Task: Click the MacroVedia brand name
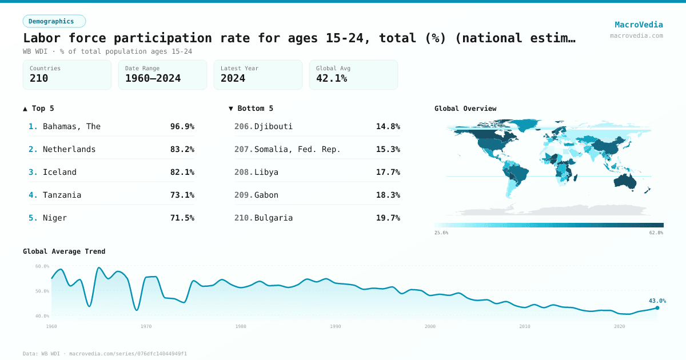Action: [639, 25]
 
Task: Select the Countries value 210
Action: [39, 79]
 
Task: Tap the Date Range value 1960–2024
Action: [153, 79]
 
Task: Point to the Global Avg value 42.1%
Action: [332, 79]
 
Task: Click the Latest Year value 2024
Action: [233, 79]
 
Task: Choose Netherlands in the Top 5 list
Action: [69, 149]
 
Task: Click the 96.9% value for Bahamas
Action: [182, 126]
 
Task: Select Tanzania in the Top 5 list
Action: [62, 195]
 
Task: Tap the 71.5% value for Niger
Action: [182, 218]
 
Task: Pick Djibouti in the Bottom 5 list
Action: [273, 126]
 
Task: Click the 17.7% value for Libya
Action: [388, 172]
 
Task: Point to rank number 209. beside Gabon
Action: [244, 195]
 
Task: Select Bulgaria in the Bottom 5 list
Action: [273, 218]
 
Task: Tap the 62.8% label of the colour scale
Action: [656, 233]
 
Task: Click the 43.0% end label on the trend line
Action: [657, 301]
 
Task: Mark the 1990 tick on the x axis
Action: [335, 326]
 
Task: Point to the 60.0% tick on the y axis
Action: [42, 266]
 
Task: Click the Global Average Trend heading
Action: [64, 251]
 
